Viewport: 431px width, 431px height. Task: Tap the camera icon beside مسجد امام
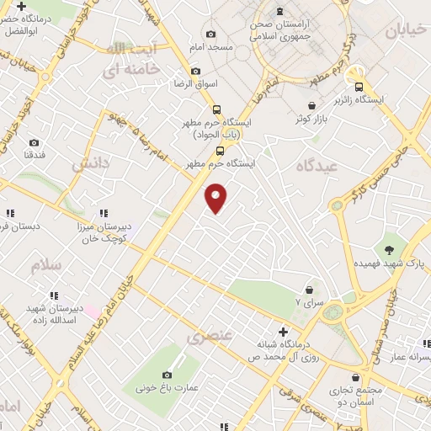[x=210, y=35]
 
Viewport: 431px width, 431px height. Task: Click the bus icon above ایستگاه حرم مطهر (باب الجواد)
[x=216, y=109]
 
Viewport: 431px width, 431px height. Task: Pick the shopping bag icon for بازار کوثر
[x=312, y=106]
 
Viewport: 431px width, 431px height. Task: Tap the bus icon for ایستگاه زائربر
[x=359, y=86]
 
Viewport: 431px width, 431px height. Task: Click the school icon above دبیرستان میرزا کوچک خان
[x=103, y=214]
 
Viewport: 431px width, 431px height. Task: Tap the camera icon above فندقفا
[x=34, y=143]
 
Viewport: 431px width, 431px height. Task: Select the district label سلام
[x=47, y=265]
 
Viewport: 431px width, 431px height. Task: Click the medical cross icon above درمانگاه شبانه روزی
[x=283, y=332]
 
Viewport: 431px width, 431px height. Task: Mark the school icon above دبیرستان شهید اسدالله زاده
[x=54, y=295]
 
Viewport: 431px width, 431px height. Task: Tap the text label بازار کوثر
[x=311, y=120]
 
